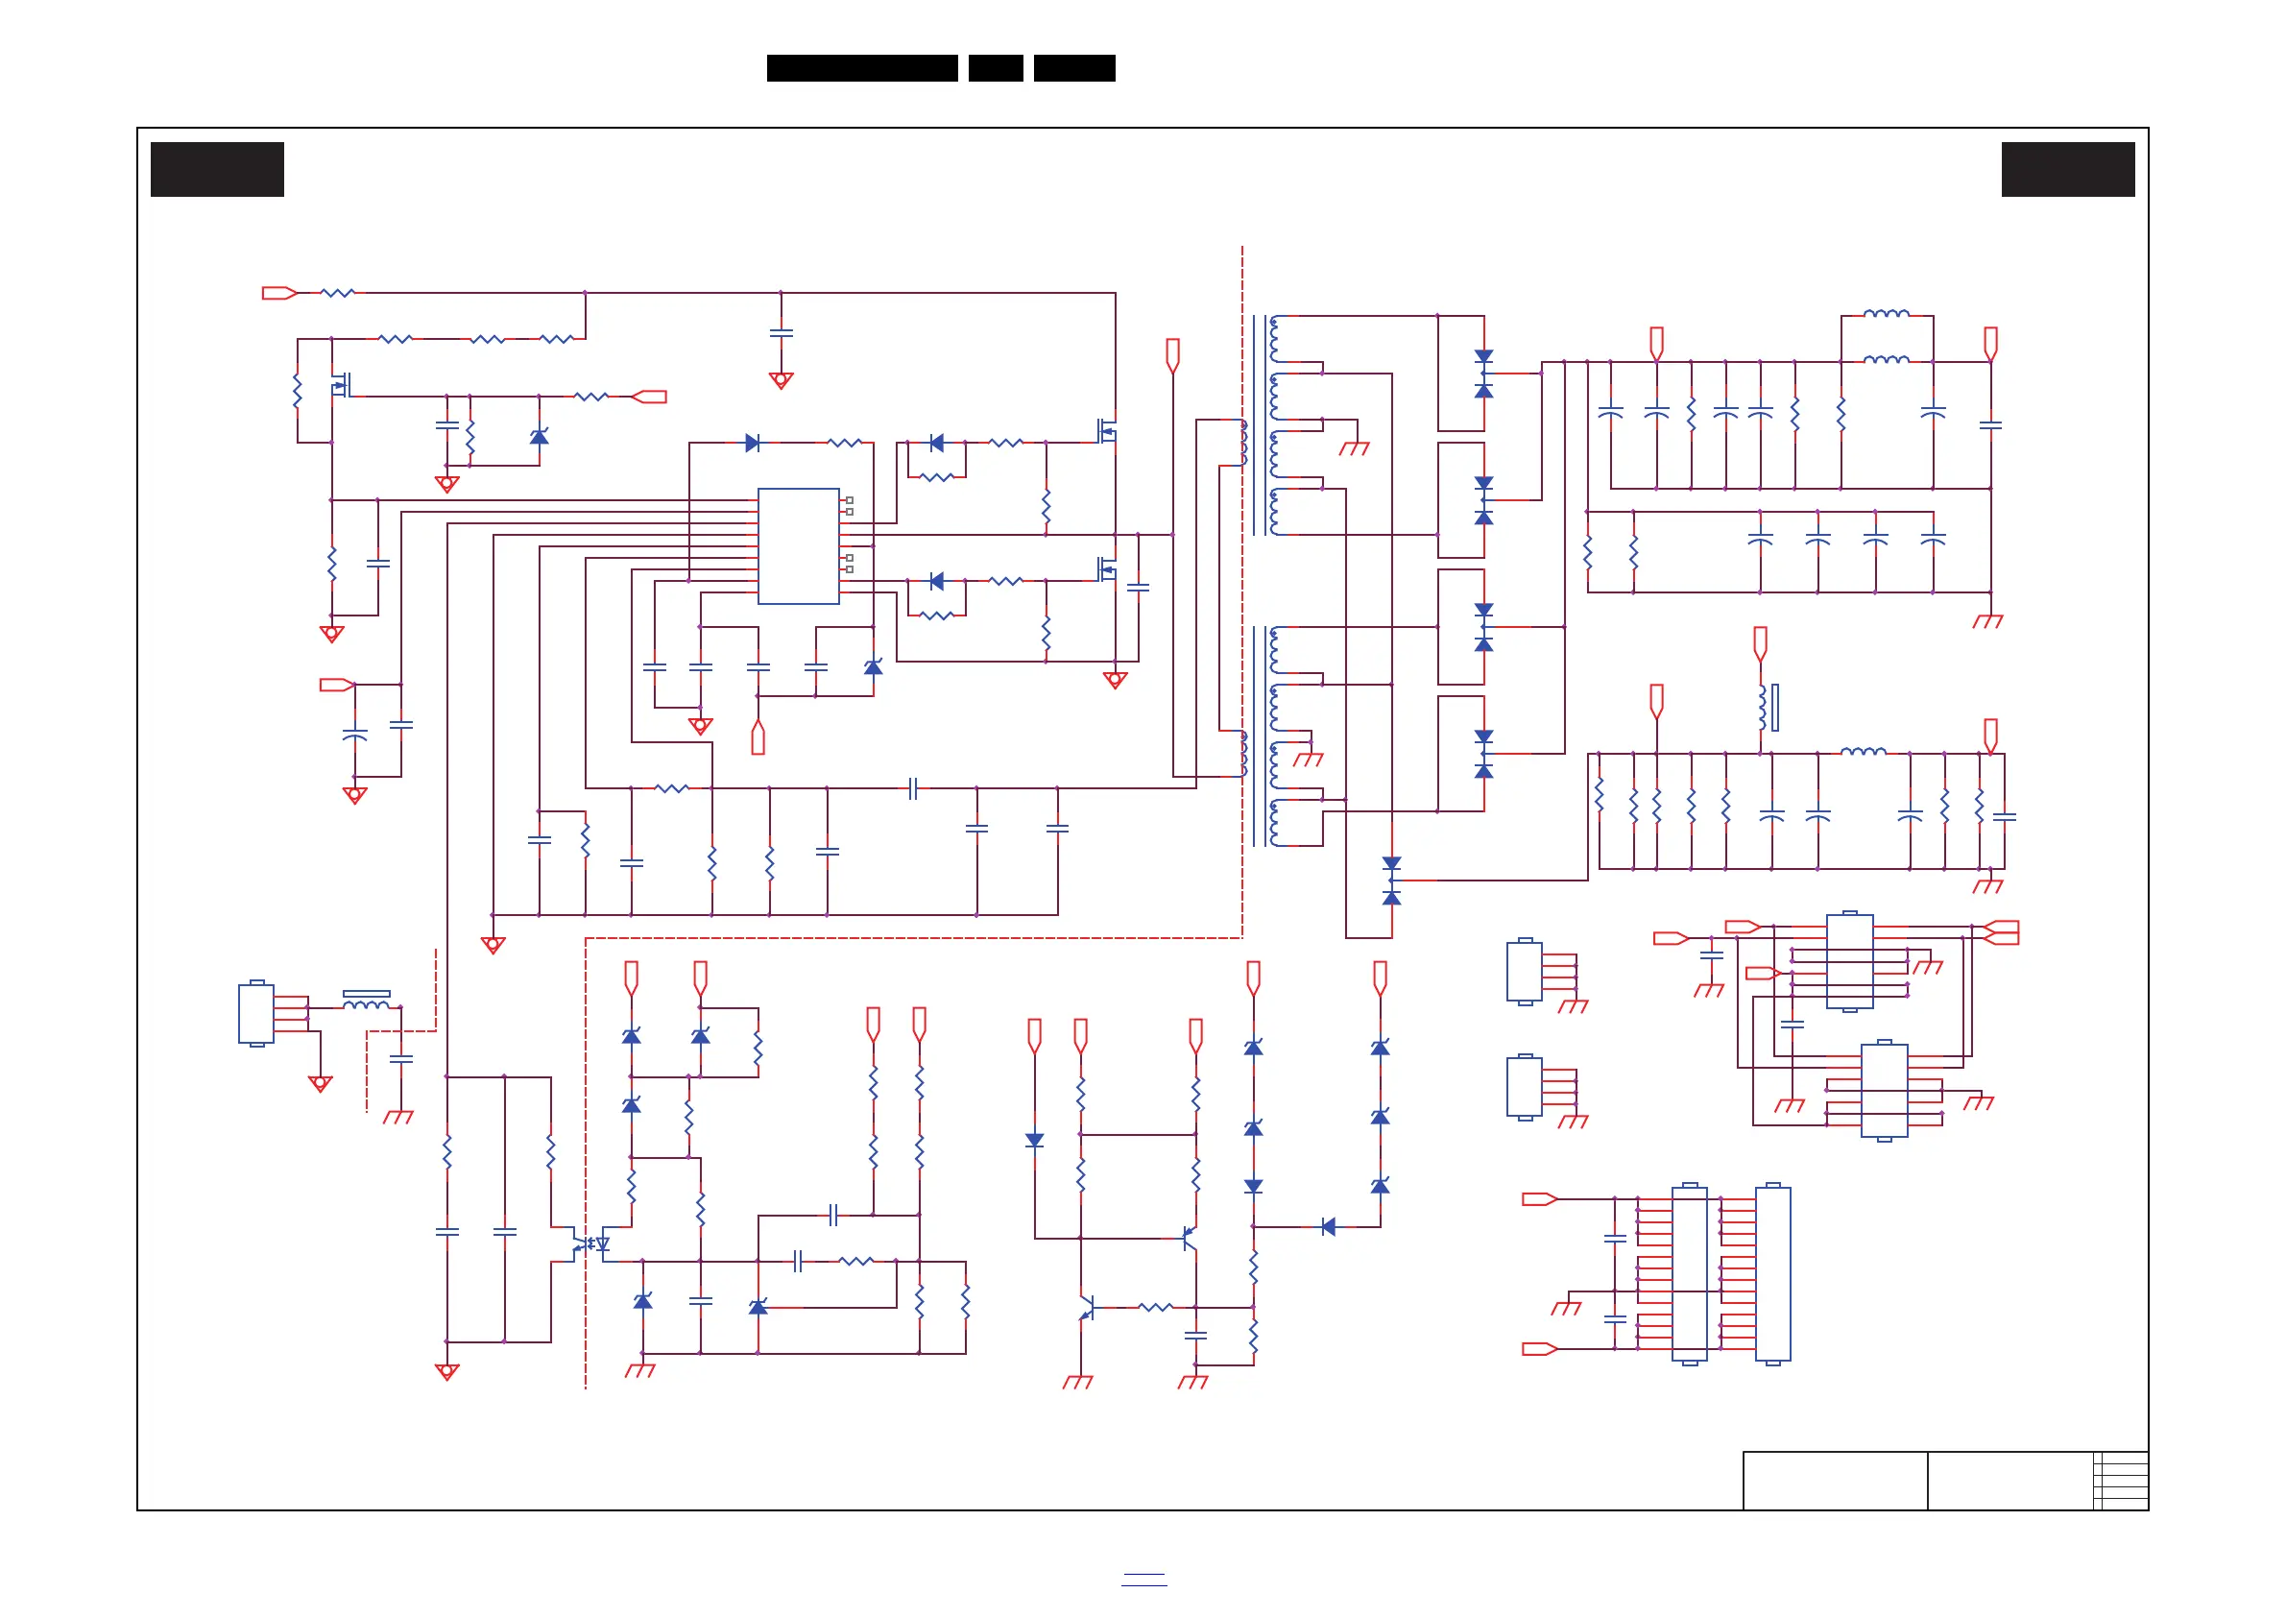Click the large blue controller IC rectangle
798,545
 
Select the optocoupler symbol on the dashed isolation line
590,1243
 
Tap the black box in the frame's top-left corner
217,169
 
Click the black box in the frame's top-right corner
2067,169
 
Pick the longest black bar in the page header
861,68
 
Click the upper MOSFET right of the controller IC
1107,431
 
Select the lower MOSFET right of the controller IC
1107,569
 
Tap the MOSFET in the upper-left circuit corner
342,384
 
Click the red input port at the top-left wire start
278,293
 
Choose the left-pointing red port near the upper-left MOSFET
650,397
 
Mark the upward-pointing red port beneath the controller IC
758,737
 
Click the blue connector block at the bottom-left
256,1014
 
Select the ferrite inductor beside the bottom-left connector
367,1001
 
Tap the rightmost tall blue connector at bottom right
1772,1273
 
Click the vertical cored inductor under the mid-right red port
1767,707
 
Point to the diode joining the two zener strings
1328,1227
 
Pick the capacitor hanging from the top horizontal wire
782,332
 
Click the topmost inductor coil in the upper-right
1886,314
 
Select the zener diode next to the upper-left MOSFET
539,437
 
